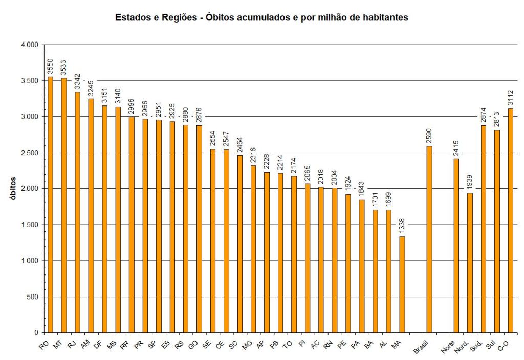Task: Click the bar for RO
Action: pyautogui.click(x=50, y=205)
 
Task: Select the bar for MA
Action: pyautogui.click(x=402, y=284)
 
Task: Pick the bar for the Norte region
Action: pyautogui.click(x=456, y=246)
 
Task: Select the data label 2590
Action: pyautogui.click(x=429, y=137)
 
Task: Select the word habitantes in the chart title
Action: pyautogui.click(x=383, y=18)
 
